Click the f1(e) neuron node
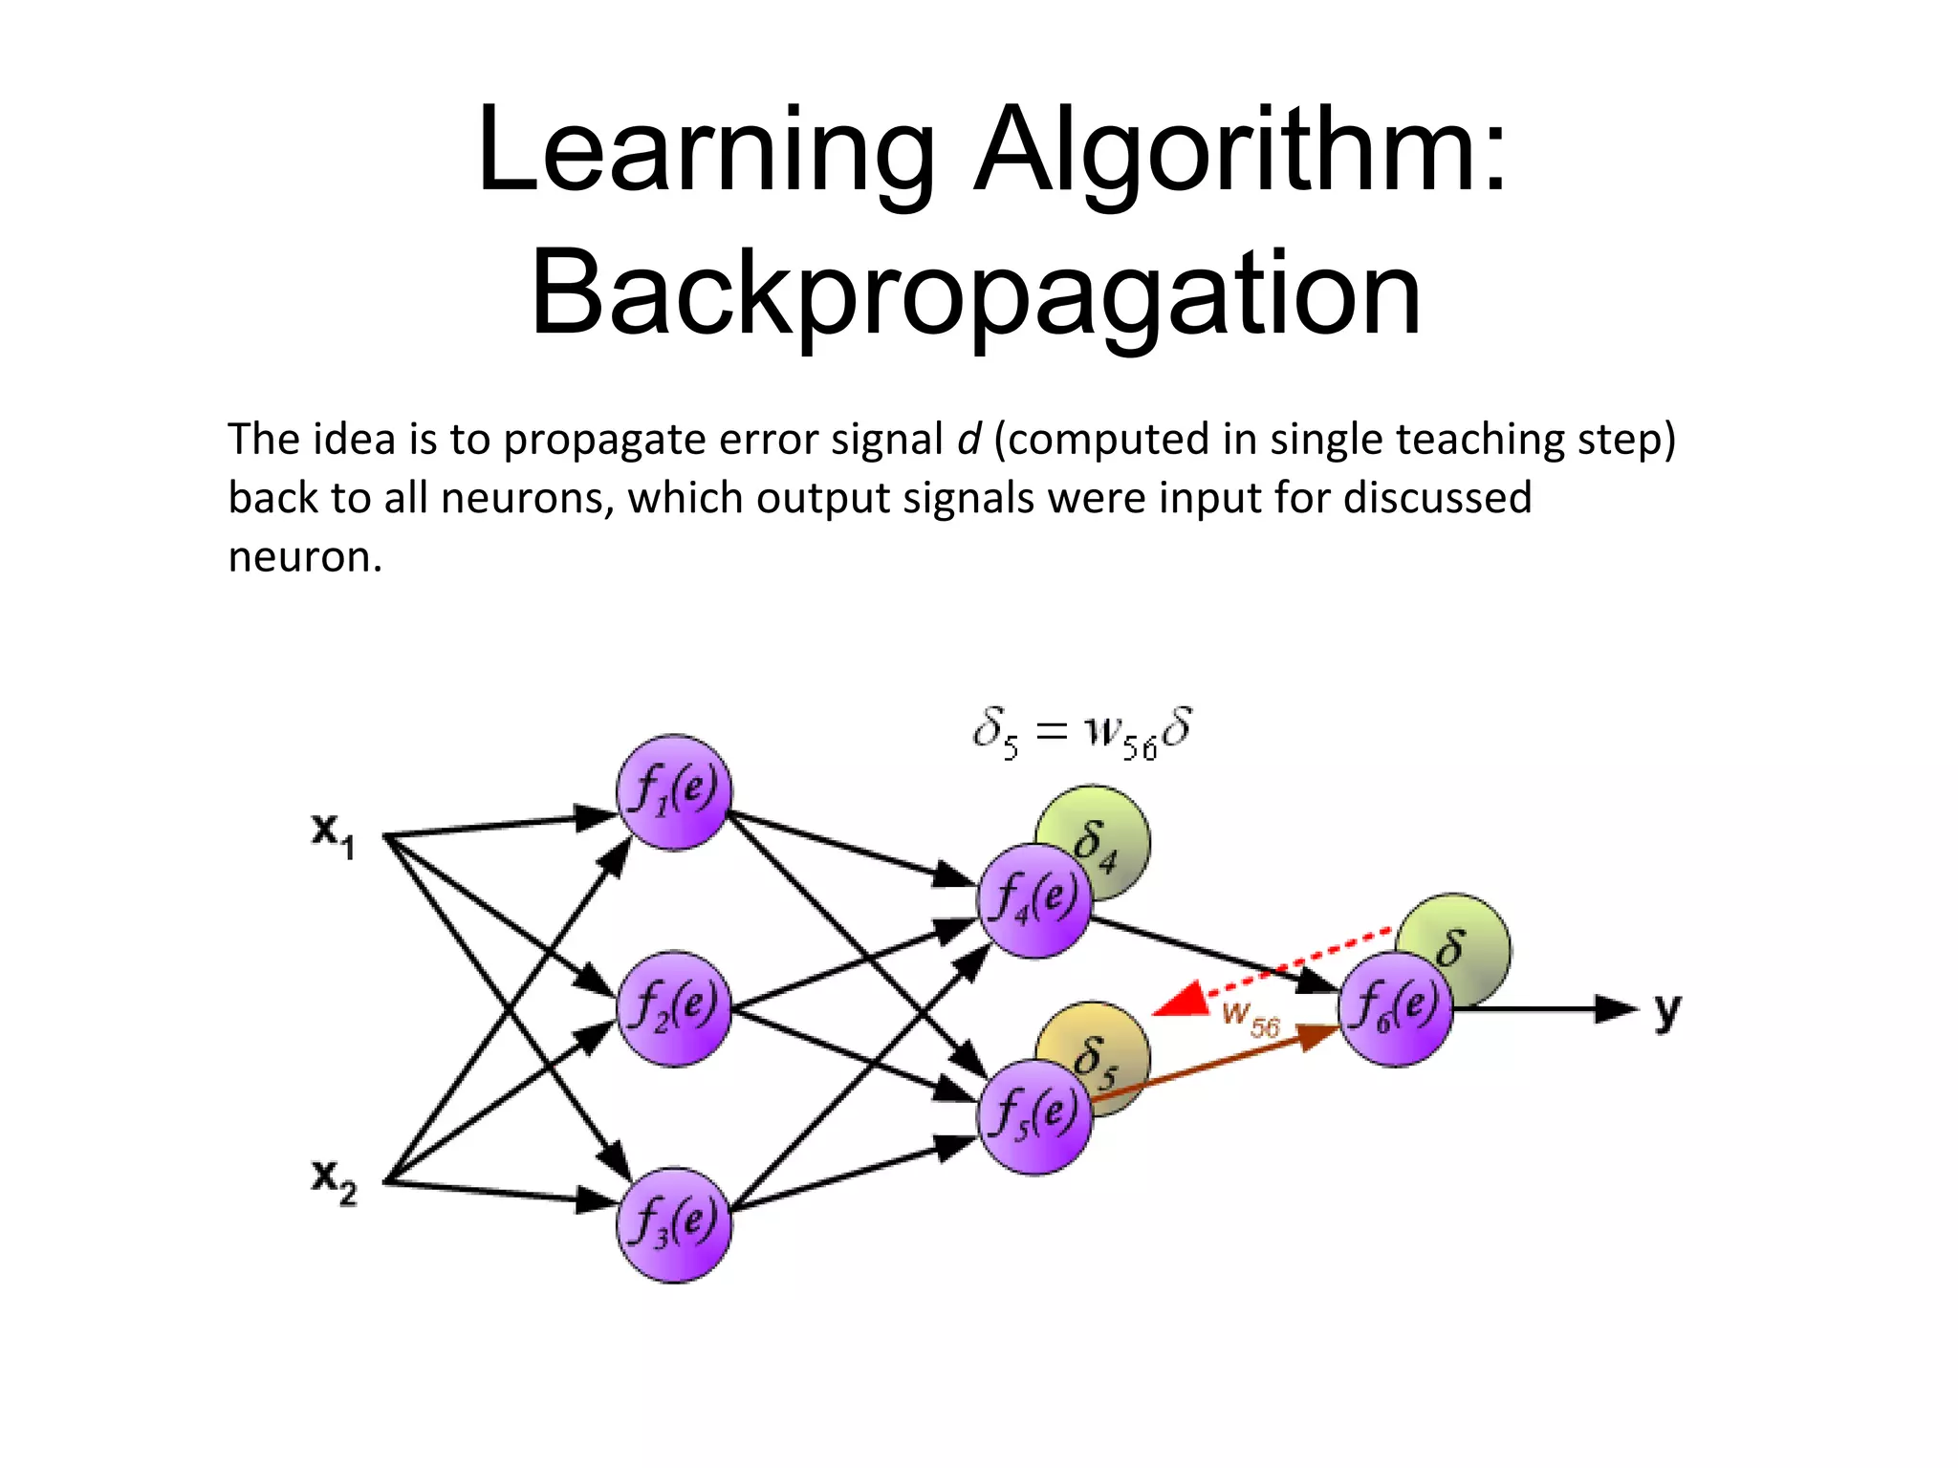674,792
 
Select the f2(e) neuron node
674,1008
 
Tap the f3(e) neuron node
674,1224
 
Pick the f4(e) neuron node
1034,900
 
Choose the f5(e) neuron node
1034,1116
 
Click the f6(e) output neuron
1395,1008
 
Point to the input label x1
333,833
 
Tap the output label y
1666,1009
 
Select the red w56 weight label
1251,1019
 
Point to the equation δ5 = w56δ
1081,733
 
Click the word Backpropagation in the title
976,294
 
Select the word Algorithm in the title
1240,151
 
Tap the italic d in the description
968,440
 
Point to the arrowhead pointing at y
1616,1009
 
